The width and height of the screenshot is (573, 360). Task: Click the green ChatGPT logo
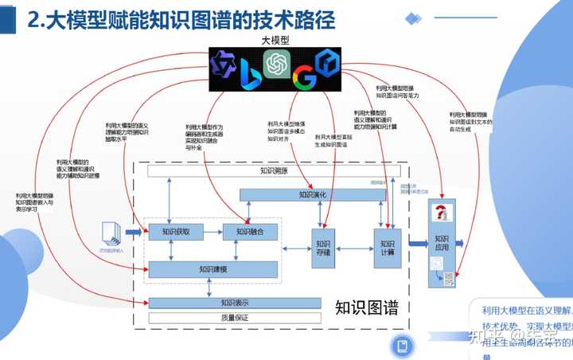(278, 61)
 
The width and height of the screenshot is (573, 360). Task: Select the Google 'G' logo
(303, 78)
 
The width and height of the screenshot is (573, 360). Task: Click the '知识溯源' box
(274, 170)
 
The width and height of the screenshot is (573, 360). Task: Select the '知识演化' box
(313, 194)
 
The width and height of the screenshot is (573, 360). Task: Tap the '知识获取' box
(177, 232)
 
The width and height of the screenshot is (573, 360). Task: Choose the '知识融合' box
(251, 232)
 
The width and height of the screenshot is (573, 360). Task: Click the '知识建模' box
(215, 269)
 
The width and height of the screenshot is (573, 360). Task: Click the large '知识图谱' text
(367, 307)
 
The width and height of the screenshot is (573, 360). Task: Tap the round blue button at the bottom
(403, 346)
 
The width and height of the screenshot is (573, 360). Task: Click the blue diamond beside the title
(413, 18)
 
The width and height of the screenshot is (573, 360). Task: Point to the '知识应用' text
(442, 242)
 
